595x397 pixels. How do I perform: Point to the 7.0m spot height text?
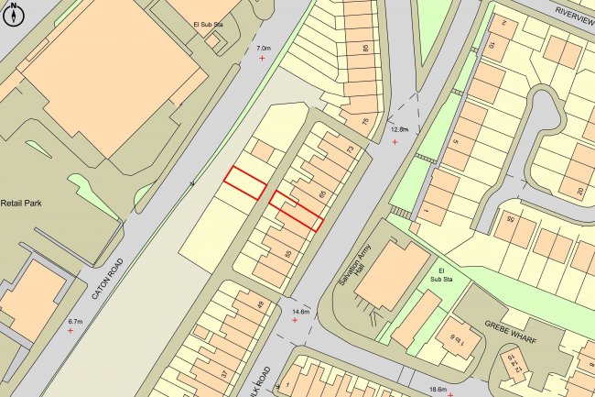(264, 48)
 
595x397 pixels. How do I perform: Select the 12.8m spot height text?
(398, 131)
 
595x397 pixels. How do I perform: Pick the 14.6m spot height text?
(299, 313)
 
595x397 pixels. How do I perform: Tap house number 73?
(350, 149)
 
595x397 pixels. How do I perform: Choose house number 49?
(259, 305)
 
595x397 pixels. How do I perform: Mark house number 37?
(223, 373)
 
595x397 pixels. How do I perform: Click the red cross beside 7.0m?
(264, 59)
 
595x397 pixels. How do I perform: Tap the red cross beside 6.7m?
(70, 331)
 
